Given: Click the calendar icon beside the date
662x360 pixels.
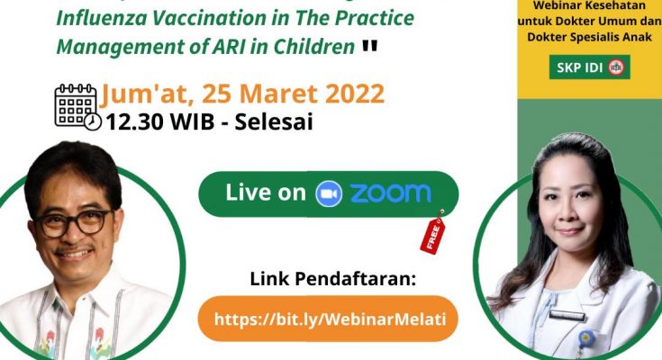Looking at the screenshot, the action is (x=77, y=107).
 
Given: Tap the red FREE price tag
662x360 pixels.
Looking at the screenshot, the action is (x=432, y=232).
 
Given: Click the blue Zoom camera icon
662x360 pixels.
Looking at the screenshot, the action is (x=329, y=193).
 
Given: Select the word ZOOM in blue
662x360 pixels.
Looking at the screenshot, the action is (x=391, y=193).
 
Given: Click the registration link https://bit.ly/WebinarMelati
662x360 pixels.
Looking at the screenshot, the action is (x=330, y=319).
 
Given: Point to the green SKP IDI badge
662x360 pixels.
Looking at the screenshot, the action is (x=589, y=67).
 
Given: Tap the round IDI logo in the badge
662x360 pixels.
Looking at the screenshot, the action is (x=616, y=67).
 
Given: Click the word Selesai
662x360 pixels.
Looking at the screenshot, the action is (x=274, y=122).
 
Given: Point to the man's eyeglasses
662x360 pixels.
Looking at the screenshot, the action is (x=73, y=222).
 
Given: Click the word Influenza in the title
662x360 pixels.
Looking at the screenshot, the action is (x=104, y=18).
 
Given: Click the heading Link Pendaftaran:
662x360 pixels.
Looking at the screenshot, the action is (x=332, y=279).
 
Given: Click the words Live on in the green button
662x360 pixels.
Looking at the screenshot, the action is (x=266, y=193).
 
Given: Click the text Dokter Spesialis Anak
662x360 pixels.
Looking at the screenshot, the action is (x=589, y=37).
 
